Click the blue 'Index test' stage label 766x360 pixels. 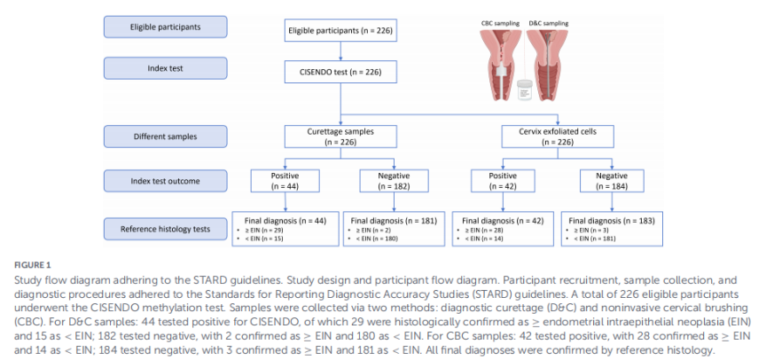pos(165,68)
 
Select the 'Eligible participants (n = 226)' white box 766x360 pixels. pos(340,31)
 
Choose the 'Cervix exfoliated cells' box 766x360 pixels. pos(558,137)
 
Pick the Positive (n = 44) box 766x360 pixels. pos(285,181)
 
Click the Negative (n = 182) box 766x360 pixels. pos(394,181)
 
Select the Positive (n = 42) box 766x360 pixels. pos(504,181)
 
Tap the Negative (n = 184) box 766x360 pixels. pos(612,181)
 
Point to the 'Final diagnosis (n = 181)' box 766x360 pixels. pos(394,228)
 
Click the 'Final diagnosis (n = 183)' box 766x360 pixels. pos(612,228)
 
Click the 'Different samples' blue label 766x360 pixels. pos(165,137)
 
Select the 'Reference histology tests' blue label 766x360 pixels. pos(165,229)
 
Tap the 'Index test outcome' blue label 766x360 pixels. pos(165,181)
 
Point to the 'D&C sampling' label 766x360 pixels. pos(549,23)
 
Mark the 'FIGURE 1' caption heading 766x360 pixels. pos(32,265)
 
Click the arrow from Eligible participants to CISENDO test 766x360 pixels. pos(340,52)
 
